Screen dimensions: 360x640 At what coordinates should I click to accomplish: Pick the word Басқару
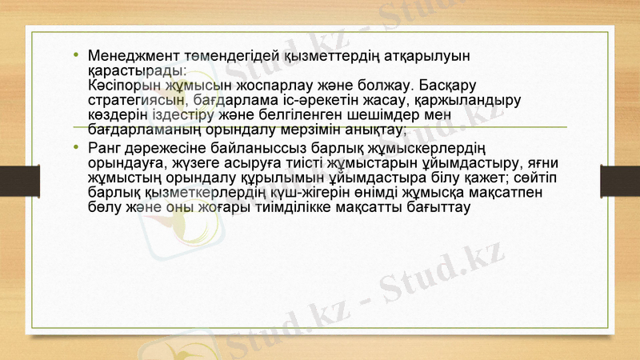click(441, 86)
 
